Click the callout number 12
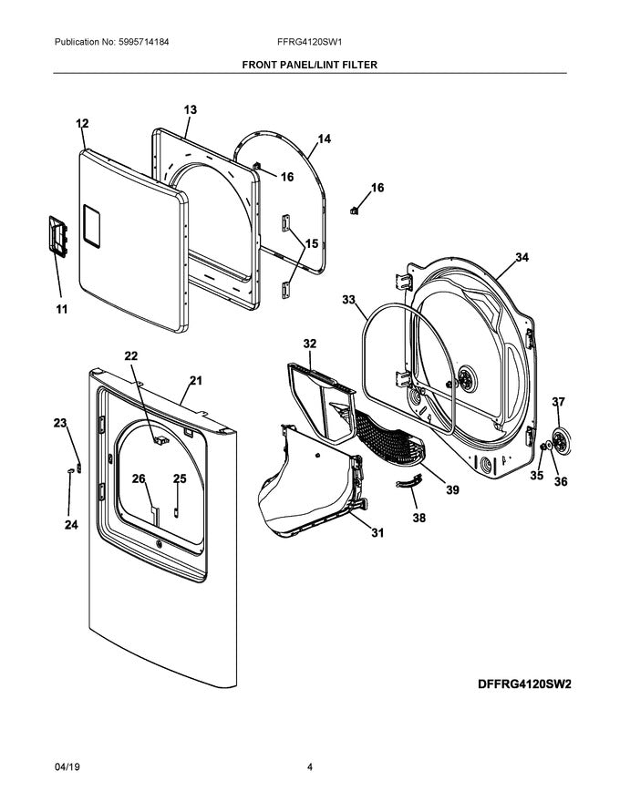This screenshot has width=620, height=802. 82,123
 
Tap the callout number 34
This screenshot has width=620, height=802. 521,258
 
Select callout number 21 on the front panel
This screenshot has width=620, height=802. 195,380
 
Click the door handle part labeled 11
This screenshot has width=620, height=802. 57,240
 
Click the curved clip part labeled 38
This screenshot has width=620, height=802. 409,481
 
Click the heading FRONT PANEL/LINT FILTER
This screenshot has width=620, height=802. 309,66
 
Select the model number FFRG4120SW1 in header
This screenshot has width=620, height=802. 309,42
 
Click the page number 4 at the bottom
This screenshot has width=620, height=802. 310,767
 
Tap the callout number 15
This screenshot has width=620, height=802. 311,243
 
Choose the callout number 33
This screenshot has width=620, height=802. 349,299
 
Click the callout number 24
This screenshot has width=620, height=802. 70,525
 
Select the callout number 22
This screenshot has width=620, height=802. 131,355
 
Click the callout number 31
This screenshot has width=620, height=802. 375,533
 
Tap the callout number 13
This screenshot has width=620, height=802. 190,109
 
